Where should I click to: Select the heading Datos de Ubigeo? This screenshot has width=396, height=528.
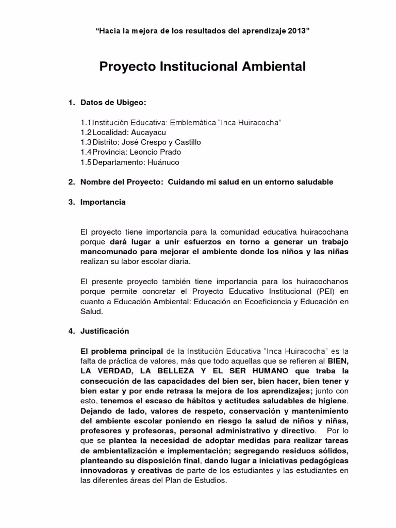(x=113, y=103)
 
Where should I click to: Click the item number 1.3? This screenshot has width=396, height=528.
(x=86, y=142)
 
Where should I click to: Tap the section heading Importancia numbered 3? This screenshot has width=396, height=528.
(x=103, y=202)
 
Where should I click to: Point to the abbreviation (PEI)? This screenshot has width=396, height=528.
(x=325, y=291)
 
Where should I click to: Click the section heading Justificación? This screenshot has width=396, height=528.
(x=105, y=331)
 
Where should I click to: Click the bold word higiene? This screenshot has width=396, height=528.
(x=333, y=400)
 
